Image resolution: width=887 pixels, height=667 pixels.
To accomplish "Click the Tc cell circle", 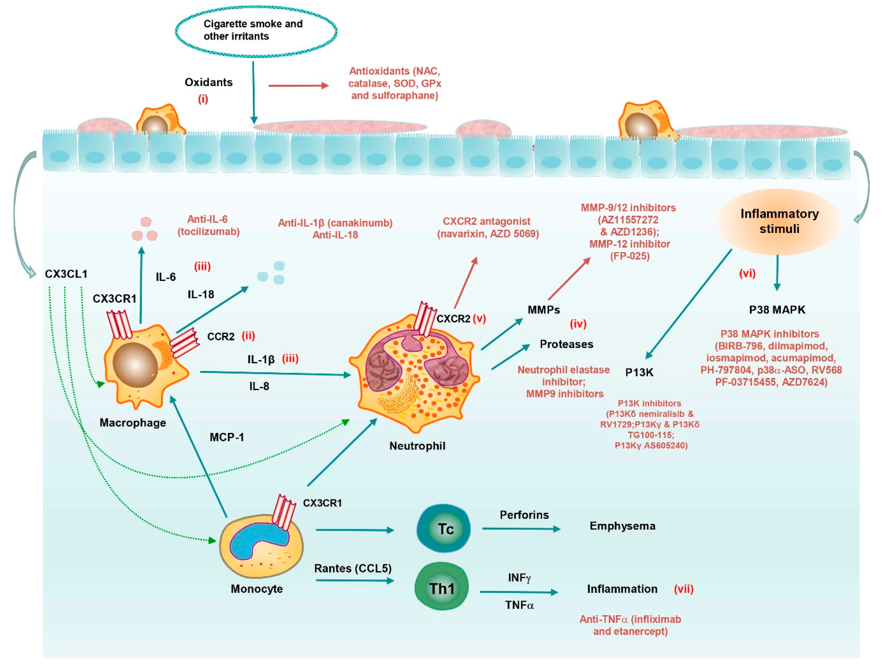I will click(443, 529).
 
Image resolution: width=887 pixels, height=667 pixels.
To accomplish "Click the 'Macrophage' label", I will click(133, 423).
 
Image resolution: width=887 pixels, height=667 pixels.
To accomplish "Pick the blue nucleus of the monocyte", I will click(257, 541).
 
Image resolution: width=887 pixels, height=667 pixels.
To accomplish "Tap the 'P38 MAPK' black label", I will click(777, 310).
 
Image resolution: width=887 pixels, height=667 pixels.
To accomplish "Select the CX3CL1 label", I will click(66, 274).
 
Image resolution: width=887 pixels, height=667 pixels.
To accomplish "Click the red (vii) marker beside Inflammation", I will click(683, 589).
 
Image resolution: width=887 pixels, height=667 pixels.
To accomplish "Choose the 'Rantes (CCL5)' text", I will click(352, 568).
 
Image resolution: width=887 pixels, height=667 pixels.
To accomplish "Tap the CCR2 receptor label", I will click(221, 337).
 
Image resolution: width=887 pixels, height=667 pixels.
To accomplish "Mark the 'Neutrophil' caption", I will click(417, 446).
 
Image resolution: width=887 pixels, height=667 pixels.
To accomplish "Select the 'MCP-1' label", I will click(227, 437).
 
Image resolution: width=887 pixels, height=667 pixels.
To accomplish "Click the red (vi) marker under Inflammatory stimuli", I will click(747, 274).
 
